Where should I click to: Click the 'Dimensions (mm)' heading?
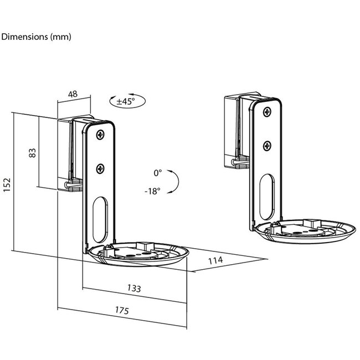click(x=37, y=37)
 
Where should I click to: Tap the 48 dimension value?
click(x=73, y=94)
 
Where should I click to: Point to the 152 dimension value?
click(x=7, y=183)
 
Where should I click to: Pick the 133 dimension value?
click(x=133, y=288)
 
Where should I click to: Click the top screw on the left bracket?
click(x=101, y=135)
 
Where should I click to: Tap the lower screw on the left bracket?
click(x=101, y=169)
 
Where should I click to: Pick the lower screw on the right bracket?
click(x=268, y=146)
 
